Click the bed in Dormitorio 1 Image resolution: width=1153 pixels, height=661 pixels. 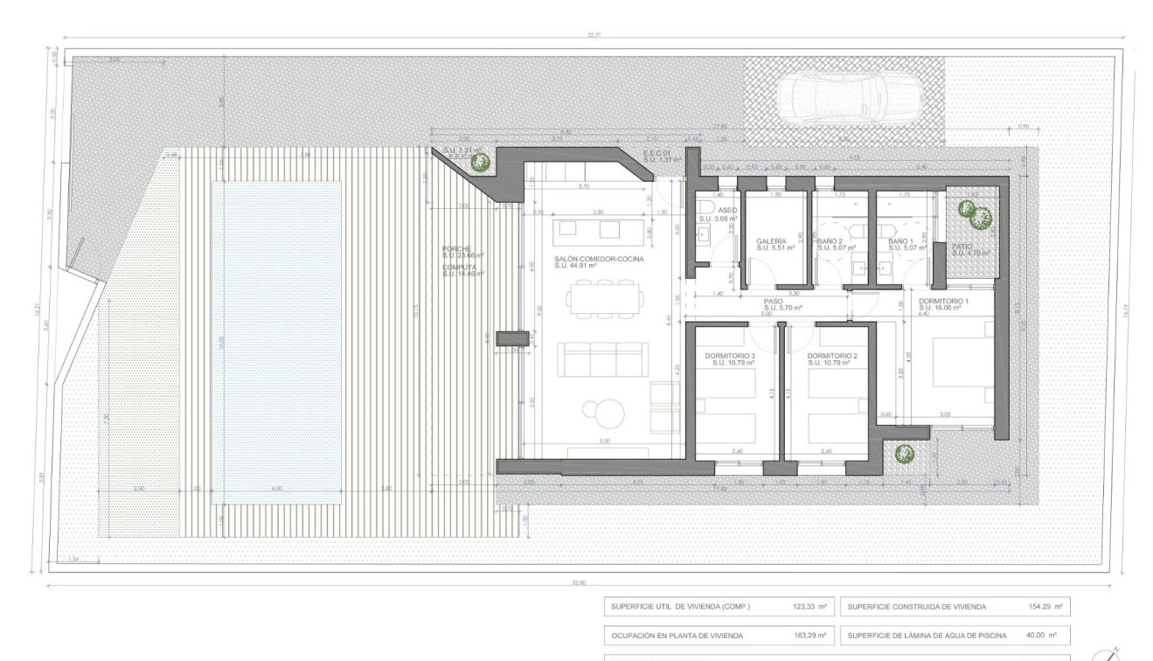[964, 360]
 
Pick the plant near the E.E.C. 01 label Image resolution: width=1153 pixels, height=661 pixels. [479, 161]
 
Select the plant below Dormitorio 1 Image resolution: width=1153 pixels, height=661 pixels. [904, 454]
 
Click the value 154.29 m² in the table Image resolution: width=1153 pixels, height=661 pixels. [1045, 607]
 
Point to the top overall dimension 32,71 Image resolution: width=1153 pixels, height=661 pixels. [594, 36]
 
